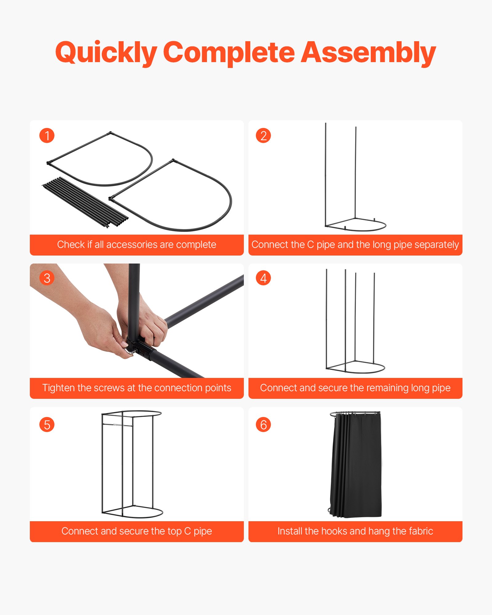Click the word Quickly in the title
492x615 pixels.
106,53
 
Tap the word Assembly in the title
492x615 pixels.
368,53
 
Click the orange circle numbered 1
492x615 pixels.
47,136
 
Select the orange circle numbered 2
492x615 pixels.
263,136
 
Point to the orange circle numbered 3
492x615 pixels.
47,278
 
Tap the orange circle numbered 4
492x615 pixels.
263,278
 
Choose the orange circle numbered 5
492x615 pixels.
47,425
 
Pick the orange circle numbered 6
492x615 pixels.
263,425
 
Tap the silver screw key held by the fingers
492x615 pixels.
129,351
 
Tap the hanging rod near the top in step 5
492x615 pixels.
118,425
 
